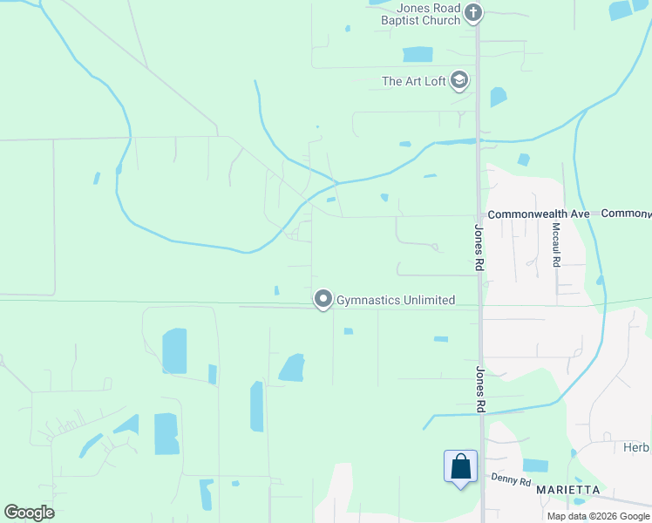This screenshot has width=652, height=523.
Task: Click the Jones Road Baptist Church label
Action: (x=428, y=14)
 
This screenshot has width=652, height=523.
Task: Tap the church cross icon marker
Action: (x=473, y=12)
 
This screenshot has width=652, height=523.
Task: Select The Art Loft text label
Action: (x=414, y=82)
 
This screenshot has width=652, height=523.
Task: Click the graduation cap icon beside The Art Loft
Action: (x=459, y=82)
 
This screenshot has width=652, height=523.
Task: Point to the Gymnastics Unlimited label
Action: (x=396, y=301)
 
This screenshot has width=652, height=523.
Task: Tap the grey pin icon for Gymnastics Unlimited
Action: (x=323, y=300)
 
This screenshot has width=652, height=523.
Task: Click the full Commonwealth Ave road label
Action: (x=539, y=214)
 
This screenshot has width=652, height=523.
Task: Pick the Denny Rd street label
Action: (x=511, y=479)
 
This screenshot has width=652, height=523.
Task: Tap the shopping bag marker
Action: (x=460, y=467)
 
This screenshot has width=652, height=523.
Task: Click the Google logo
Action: (x=29, y=513)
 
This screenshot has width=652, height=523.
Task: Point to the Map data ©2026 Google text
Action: (x=599, y=516)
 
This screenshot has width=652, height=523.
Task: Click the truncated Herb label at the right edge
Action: (x=636, y=447)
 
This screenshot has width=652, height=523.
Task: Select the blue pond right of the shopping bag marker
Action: (x=535, y=465)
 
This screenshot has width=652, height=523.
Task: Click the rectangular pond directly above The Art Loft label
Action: (x=418, y=54)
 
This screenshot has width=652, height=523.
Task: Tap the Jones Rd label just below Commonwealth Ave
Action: (x=479, y=248)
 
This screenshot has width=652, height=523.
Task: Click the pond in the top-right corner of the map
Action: (x=621, y=10)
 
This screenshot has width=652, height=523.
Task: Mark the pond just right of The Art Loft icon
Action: (x=498, y=96)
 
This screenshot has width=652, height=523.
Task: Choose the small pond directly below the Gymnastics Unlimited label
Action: (x=349, y=331)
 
